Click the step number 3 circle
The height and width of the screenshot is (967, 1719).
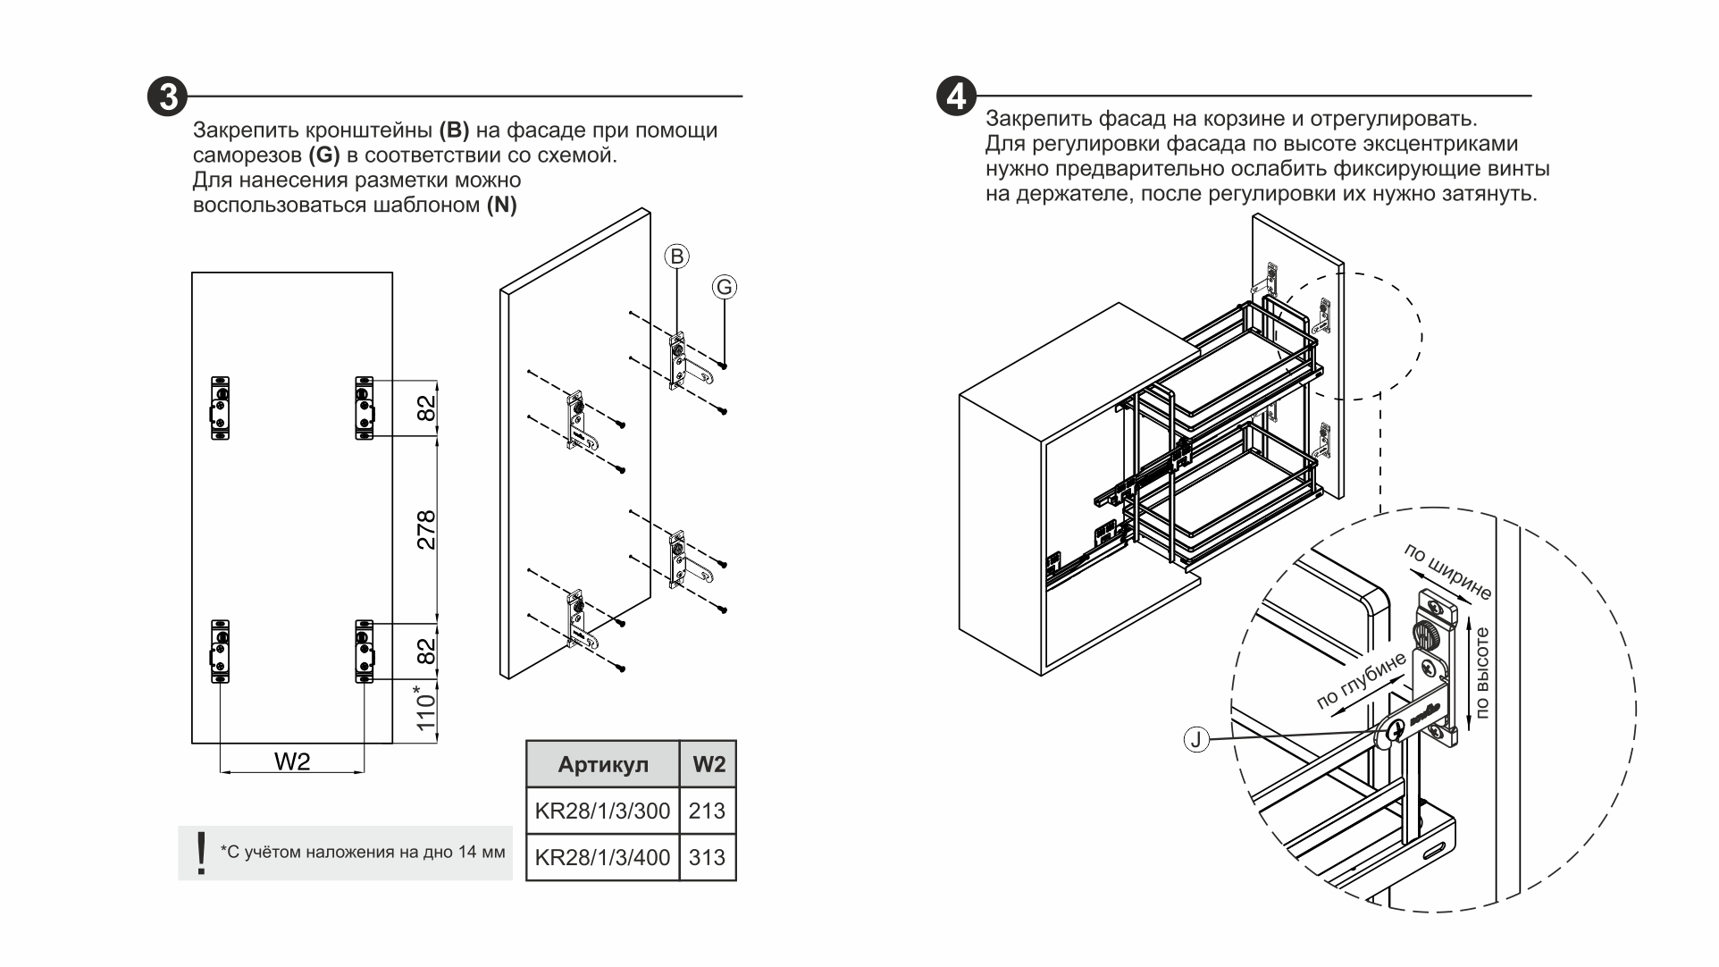pos(167,97)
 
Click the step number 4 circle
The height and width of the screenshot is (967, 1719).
pos(956,96)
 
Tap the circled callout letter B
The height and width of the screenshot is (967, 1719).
pos(676,257)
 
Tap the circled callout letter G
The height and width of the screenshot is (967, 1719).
pos(725,287)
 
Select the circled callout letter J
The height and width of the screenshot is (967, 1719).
pos(1195,739)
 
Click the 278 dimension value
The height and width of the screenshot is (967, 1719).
pos(426,529)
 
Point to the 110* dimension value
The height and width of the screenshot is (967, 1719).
pos(426,709)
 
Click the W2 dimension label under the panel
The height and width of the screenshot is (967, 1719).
pos(292,761)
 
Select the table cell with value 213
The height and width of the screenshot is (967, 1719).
pos(708,811)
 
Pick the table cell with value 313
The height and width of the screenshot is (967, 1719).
pos(708,858)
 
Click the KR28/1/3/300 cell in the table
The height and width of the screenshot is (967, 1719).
pos(602,811)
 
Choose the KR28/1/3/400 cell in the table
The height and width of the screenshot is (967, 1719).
pos(602,858)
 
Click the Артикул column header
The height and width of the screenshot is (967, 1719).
pos(603,765)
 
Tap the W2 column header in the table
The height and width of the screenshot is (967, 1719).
pos(709,765)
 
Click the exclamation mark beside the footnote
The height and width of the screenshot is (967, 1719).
pos(201,853)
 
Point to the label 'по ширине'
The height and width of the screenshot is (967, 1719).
pos(1447,571)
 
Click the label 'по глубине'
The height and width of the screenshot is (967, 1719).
pos(1362,681)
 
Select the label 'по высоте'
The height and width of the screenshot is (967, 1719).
pos(1483,673)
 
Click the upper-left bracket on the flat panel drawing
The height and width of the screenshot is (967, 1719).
pos(221,408)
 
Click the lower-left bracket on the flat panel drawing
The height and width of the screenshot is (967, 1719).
pos(221,652)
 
